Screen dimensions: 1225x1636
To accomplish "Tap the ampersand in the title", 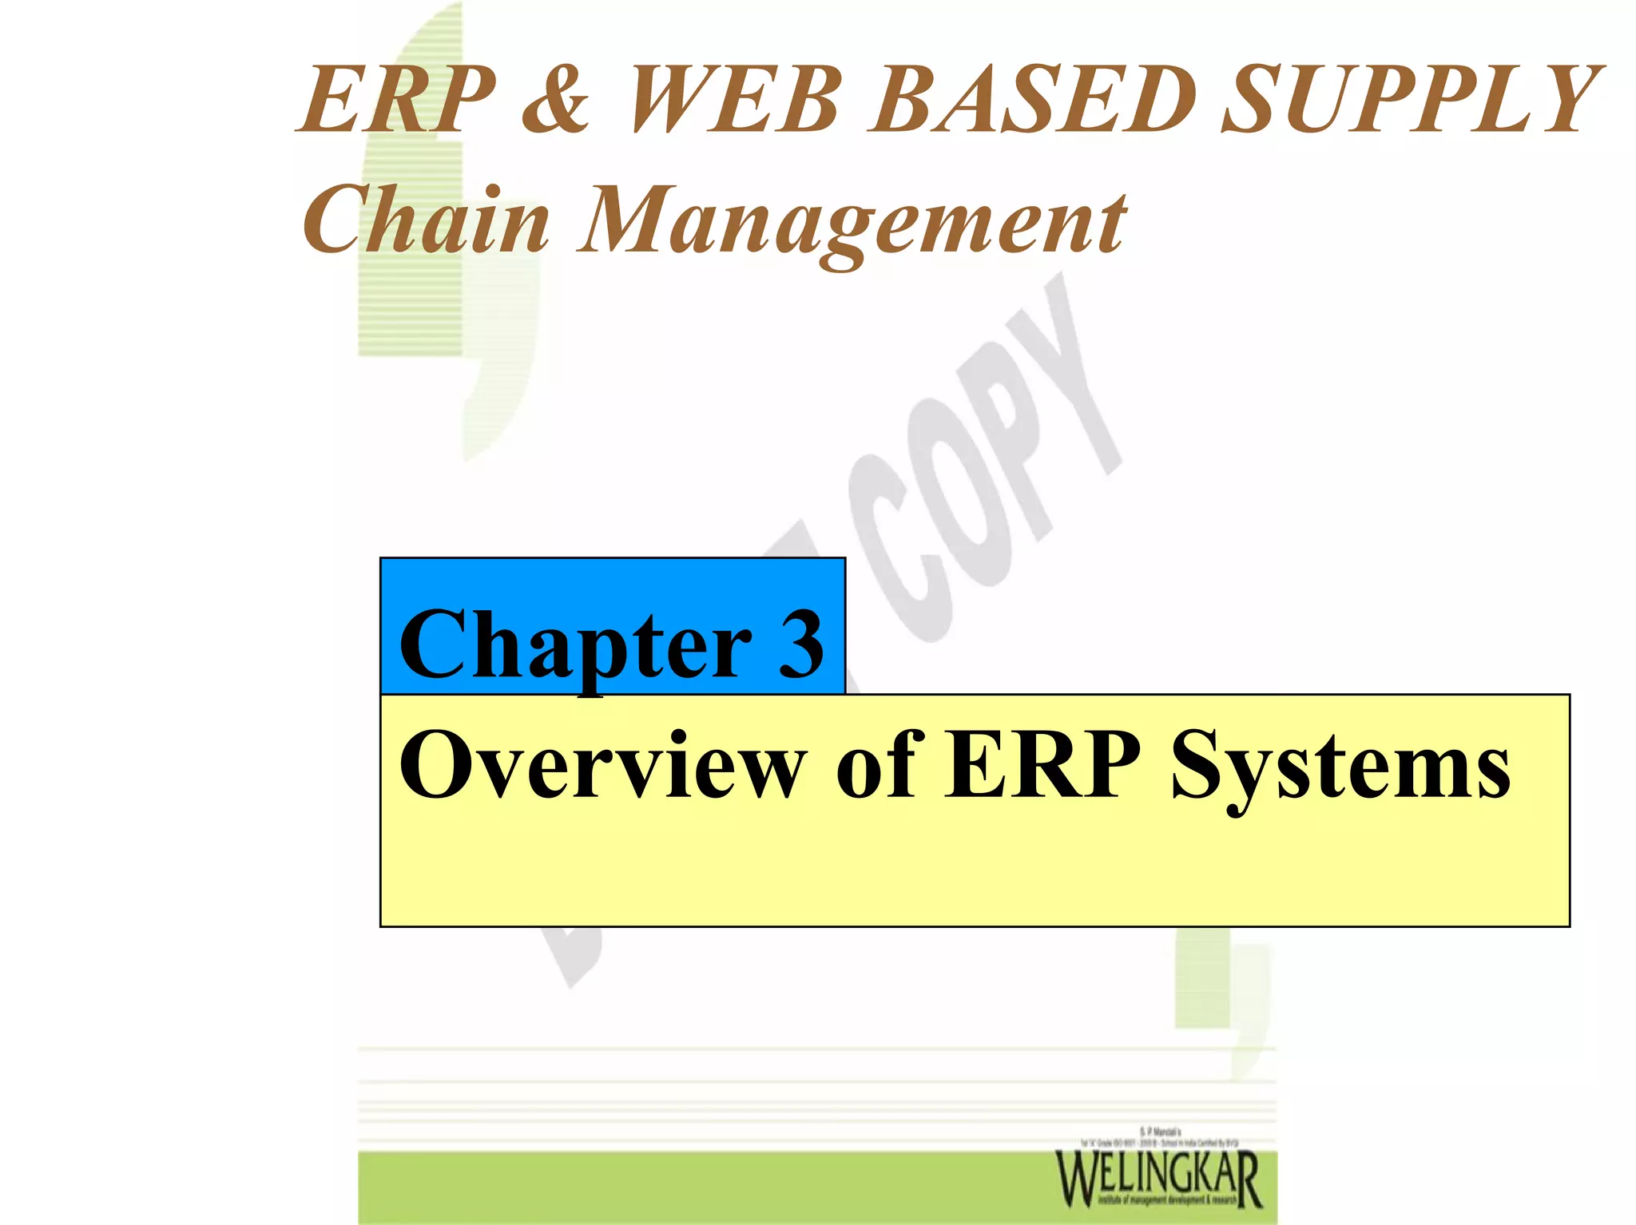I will point(557,101).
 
